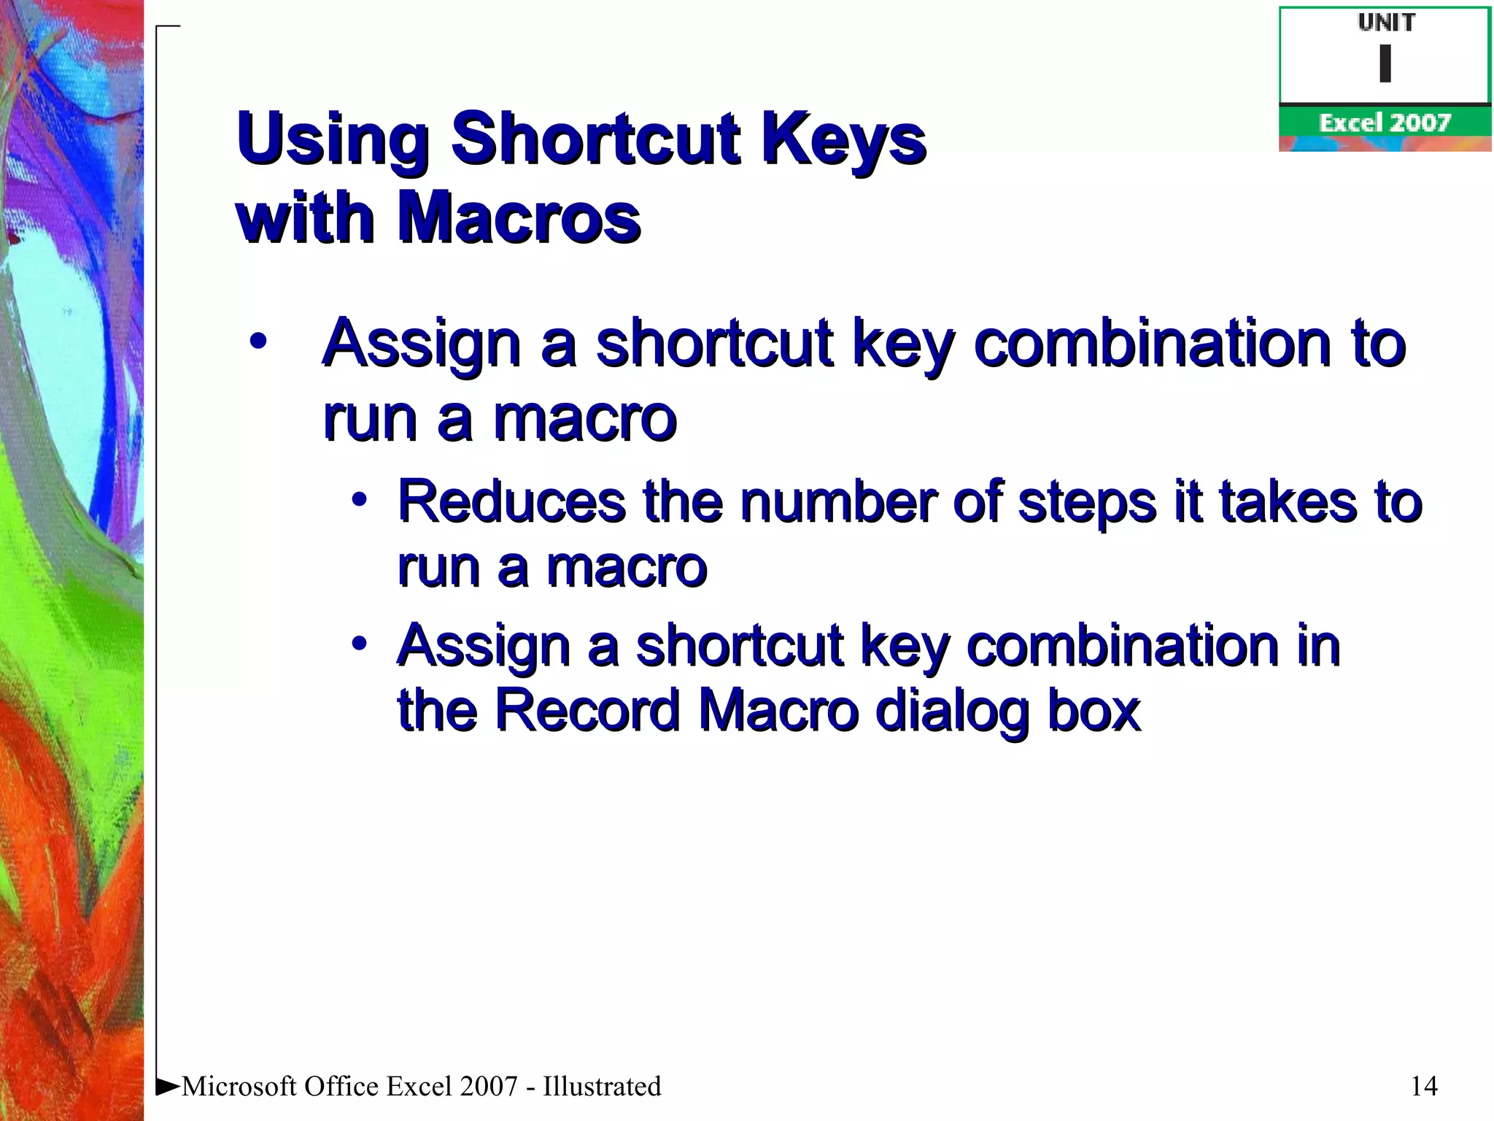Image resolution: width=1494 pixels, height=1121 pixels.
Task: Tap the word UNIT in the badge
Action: [1386, 23]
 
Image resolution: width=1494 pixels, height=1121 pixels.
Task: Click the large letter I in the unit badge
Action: [1385, 63]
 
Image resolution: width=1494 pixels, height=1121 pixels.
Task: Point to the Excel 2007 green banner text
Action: [1384, 123]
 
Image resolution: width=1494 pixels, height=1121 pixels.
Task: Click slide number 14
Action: [1424, 1086]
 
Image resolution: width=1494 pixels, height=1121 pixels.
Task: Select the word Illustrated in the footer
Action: [602, 1086]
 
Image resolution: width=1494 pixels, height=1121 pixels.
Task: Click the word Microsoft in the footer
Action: [239, 1086]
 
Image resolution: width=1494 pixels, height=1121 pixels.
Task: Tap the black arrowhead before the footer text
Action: [168, 1086]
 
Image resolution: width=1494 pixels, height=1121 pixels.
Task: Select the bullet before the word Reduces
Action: [359, 501]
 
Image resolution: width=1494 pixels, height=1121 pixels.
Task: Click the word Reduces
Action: [511, 502]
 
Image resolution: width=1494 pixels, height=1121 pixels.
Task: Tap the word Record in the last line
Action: [587, 709]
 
